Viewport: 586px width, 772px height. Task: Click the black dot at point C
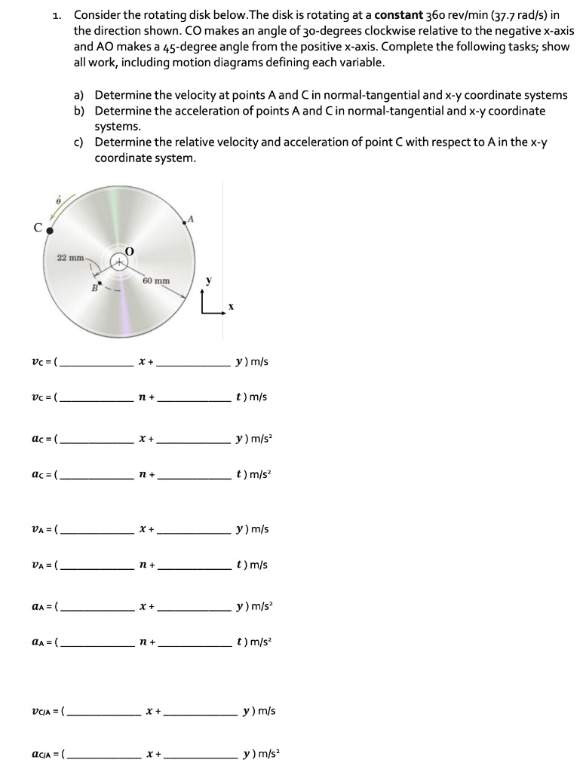[49, 231]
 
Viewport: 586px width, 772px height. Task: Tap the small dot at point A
[184, 222]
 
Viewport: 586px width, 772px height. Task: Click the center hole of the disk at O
[119, 261]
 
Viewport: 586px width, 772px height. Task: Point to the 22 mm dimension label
[71, 258]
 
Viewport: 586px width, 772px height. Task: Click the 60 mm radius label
[156, 280]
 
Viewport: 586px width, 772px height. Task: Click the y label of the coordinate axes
[209, 280]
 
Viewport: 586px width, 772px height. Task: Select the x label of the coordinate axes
[232, 307]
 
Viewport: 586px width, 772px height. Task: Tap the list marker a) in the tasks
[78, 95]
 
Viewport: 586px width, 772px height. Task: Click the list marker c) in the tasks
[78, 142]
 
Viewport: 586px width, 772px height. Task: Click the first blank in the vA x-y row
[98, 530]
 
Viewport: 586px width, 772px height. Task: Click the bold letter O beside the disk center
[129, 250]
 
